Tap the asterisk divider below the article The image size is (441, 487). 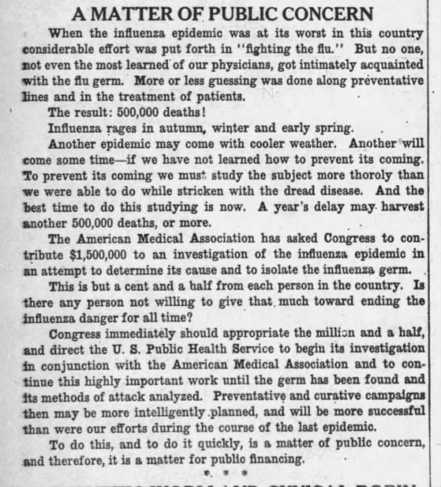(x=219, y=472)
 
